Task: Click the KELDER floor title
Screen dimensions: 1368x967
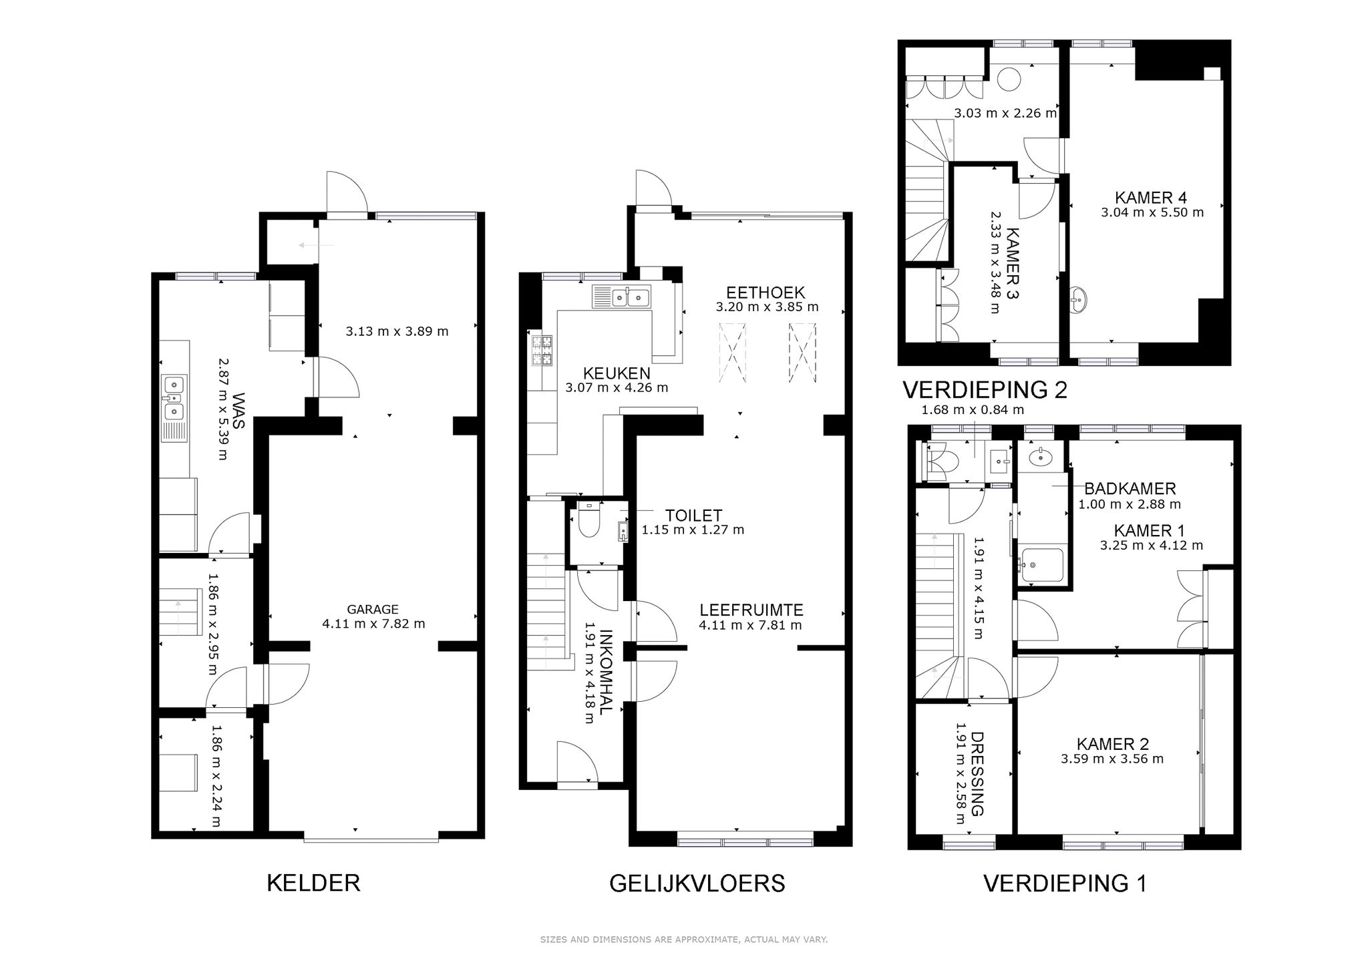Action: tap(313, 883)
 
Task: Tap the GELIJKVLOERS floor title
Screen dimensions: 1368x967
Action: tap(697, 884)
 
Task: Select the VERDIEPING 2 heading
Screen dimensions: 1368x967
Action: tap(985, 389)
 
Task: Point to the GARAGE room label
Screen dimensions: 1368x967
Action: tap(373, 609)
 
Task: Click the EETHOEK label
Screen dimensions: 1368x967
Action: tap(765, 293)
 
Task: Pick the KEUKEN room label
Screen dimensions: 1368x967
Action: tap(617, 373)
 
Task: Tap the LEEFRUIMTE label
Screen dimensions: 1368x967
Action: tap(751, 610)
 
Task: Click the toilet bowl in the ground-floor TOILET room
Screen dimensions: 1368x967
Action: tap(588, 520)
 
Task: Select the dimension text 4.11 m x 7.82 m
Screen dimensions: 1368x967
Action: tap(373, 624)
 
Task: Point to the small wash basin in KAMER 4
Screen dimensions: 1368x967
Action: tap(1078, 300)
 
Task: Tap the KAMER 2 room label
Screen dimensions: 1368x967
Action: tap(1112, 744)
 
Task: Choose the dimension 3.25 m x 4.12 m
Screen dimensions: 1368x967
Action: tap(1152, 546)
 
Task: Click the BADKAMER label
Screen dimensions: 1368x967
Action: tap(1130, 489)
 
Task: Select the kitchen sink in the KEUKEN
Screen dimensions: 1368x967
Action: tap(621, 297)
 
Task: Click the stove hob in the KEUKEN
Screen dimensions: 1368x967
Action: tap(542, 351)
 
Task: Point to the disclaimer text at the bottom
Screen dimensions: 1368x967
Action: tap(684, 940)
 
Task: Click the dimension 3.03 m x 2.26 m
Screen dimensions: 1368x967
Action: tap(1005, 114)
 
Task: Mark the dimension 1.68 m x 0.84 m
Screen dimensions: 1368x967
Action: tap(973, 410)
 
